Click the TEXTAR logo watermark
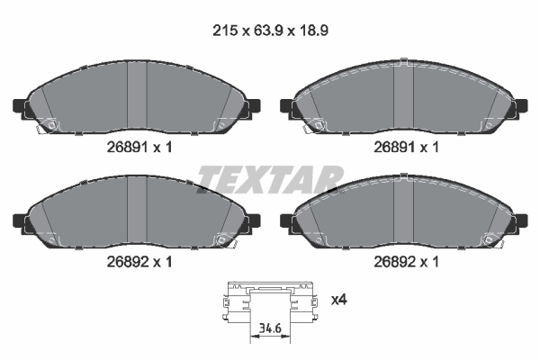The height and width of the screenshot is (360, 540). coord(270,179)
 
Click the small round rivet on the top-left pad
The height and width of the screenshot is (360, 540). coord(51,125)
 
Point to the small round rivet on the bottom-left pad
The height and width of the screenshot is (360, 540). coord(220,238)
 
